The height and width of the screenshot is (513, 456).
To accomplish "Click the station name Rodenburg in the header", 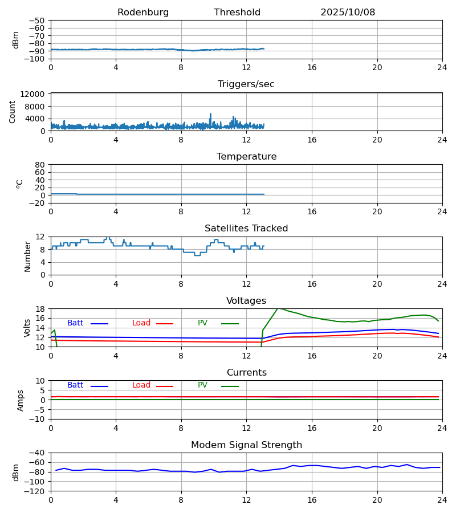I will point(143,13).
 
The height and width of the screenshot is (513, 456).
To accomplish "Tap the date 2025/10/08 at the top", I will point(348,13).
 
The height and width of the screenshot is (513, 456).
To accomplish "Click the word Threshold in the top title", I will point(237,13).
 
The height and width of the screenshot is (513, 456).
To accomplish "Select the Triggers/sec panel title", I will point(246,84).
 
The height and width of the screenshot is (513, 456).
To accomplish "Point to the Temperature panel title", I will point(246,157).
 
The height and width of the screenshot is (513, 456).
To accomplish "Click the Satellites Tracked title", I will point(246,229).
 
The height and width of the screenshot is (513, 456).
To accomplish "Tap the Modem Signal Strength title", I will point(246,445).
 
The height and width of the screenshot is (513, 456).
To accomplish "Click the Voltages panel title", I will point(246,301).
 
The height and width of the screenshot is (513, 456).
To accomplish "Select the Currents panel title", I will point(246,373).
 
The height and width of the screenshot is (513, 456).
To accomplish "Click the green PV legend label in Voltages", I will point(202,323).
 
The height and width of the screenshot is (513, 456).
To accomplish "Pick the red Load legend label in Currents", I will point(141,385).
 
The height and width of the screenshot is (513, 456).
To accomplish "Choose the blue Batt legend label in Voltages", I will point(75,323).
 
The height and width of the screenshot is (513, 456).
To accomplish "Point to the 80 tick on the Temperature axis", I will point(40,165).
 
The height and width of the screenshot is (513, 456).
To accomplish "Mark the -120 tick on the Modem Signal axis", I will point(36,491).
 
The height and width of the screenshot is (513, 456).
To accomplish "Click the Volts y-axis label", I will point(27,328).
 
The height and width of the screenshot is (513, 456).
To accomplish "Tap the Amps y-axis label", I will point(21,400).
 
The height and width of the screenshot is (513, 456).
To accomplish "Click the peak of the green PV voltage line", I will point(279,308).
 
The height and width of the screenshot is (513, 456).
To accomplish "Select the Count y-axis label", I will point(13,112).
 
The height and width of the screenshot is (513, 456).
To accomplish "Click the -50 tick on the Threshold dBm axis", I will point(38,21).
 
